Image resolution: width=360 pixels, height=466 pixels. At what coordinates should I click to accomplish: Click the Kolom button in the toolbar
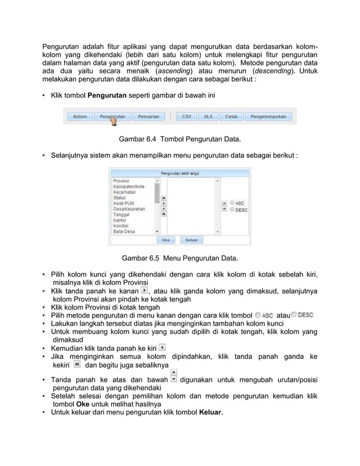[x=80, y=117]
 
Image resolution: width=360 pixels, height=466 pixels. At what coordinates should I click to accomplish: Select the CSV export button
[x=186, y=117]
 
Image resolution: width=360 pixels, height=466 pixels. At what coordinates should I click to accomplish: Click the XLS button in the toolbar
[x=208, y=117]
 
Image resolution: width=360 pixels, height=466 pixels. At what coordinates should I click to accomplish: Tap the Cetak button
[x=231, y=117]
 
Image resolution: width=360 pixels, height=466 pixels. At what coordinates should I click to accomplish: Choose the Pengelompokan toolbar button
[x=268, y=117]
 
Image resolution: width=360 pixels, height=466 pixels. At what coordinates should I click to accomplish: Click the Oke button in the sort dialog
[x=166, y=240]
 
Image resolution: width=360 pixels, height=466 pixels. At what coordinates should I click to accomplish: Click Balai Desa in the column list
[x=126, y=231]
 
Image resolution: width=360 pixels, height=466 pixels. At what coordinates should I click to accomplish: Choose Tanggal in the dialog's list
[x=124, y=214]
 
